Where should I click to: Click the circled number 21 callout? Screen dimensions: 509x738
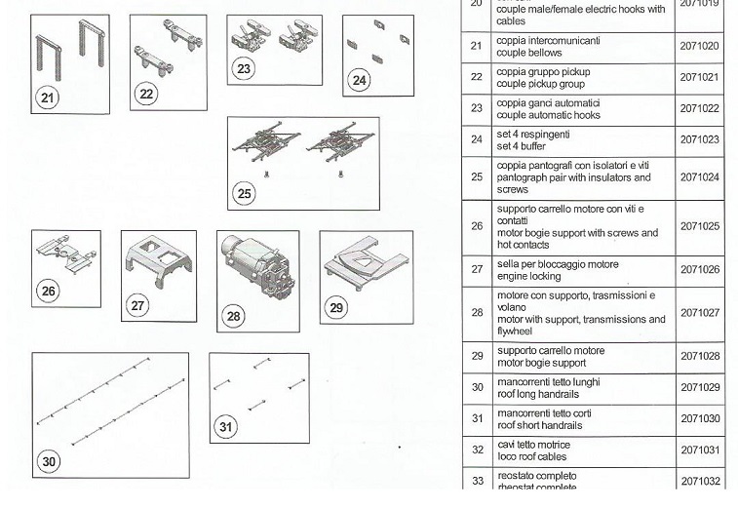click(47, 97)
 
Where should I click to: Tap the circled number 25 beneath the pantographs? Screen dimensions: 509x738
click(244, 193)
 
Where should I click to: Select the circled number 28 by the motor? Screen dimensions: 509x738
click(234, 316)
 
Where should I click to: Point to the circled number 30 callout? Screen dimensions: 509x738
click(49, 462)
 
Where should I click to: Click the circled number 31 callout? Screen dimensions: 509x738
click(225, 427)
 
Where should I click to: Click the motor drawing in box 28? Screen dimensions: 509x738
click(256, 274)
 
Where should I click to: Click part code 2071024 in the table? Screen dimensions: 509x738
click(699, 177)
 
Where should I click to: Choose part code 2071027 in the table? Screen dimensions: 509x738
click(699, 313)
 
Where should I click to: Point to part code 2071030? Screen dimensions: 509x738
click(699, 418)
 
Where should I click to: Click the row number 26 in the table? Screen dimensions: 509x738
click(477, 226)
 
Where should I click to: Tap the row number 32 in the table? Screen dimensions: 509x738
click(477, 450)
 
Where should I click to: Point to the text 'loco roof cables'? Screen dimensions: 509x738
click(533, 456)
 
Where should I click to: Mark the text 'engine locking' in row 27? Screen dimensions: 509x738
click(528, 276)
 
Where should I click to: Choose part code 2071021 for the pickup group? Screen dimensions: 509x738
click(699, 77)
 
